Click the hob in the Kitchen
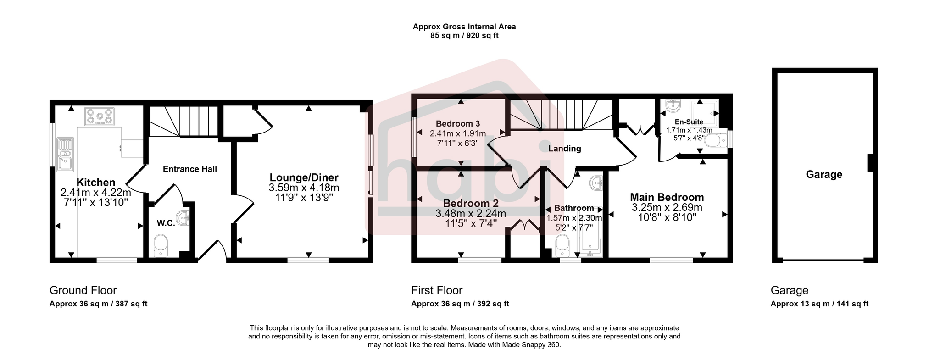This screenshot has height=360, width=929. point(99,116)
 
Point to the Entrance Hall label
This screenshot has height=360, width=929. point(190,169)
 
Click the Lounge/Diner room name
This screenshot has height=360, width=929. point(304,177)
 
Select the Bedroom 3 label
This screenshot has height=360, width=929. point(458,123)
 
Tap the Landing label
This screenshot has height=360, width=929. point(564,149)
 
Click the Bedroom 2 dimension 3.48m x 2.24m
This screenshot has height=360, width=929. point(470,213)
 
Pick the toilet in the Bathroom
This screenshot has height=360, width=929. point(562,246)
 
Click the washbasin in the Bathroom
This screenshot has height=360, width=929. point(597,183)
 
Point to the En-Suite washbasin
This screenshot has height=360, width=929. point(672,106)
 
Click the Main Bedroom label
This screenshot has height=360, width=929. point(667,198)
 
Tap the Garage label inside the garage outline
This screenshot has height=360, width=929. point(824,174)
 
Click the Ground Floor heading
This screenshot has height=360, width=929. point(83,290)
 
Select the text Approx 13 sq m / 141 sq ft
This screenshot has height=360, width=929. point(819,304)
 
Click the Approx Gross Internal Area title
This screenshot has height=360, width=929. point(464,27)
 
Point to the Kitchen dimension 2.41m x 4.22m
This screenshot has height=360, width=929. point(95,193)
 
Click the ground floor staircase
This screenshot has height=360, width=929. point(183,121)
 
